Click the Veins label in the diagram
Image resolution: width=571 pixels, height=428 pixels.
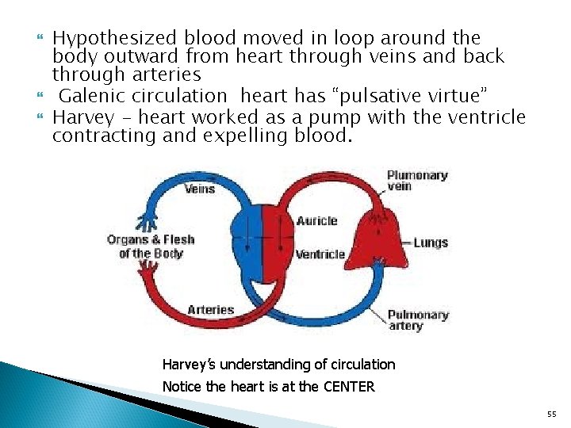click(x=200, y=189)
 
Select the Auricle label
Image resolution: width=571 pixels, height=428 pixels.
click(x=316, y=220)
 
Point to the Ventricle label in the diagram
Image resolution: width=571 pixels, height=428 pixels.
click(x=320, y=254)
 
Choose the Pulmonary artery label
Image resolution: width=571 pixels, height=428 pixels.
click(x=417, y=320)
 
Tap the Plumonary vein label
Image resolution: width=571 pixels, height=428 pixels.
click(x=417, y=180)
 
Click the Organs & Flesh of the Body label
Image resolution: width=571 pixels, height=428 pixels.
click(x=151, y=246)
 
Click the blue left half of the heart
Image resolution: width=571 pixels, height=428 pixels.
click(x=245, y=242)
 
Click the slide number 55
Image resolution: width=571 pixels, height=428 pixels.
click(x=552, y=415)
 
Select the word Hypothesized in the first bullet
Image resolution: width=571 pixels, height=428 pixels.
click(x=116, y=37)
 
